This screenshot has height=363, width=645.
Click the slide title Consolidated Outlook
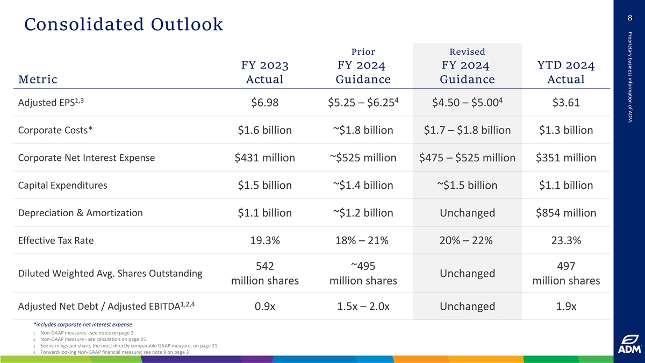tap(123, 24)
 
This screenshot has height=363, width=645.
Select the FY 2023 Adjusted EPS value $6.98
tap(264, 103)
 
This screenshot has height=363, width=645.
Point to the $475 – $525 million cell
tap(467, 158)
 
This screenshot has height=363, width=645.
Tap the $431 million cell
tap(264, 158)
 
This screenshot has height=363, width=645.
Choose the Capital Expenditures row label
tap(62, 186)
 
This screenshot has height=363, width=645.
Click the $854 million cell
tap(565, 213)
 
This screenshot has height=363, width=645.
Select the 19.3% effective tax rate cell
tap(264, 241)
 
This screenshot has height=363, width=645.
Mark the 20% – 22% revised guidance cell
tap(467, 241)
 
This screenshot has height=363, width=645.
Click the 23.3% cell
tap(565, 241)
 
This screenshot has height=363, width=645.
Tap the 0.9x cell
tap(264, 307)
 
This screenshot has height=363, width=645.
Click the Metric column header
tap(38, 80)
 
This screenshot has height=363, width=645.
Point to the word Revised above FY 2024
tap(467, 52)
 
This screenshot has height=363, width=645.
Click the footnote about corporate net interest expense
tap(82, 324)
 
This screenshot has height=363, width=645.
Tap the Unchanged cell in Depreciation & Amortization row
tap(467, 213)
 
